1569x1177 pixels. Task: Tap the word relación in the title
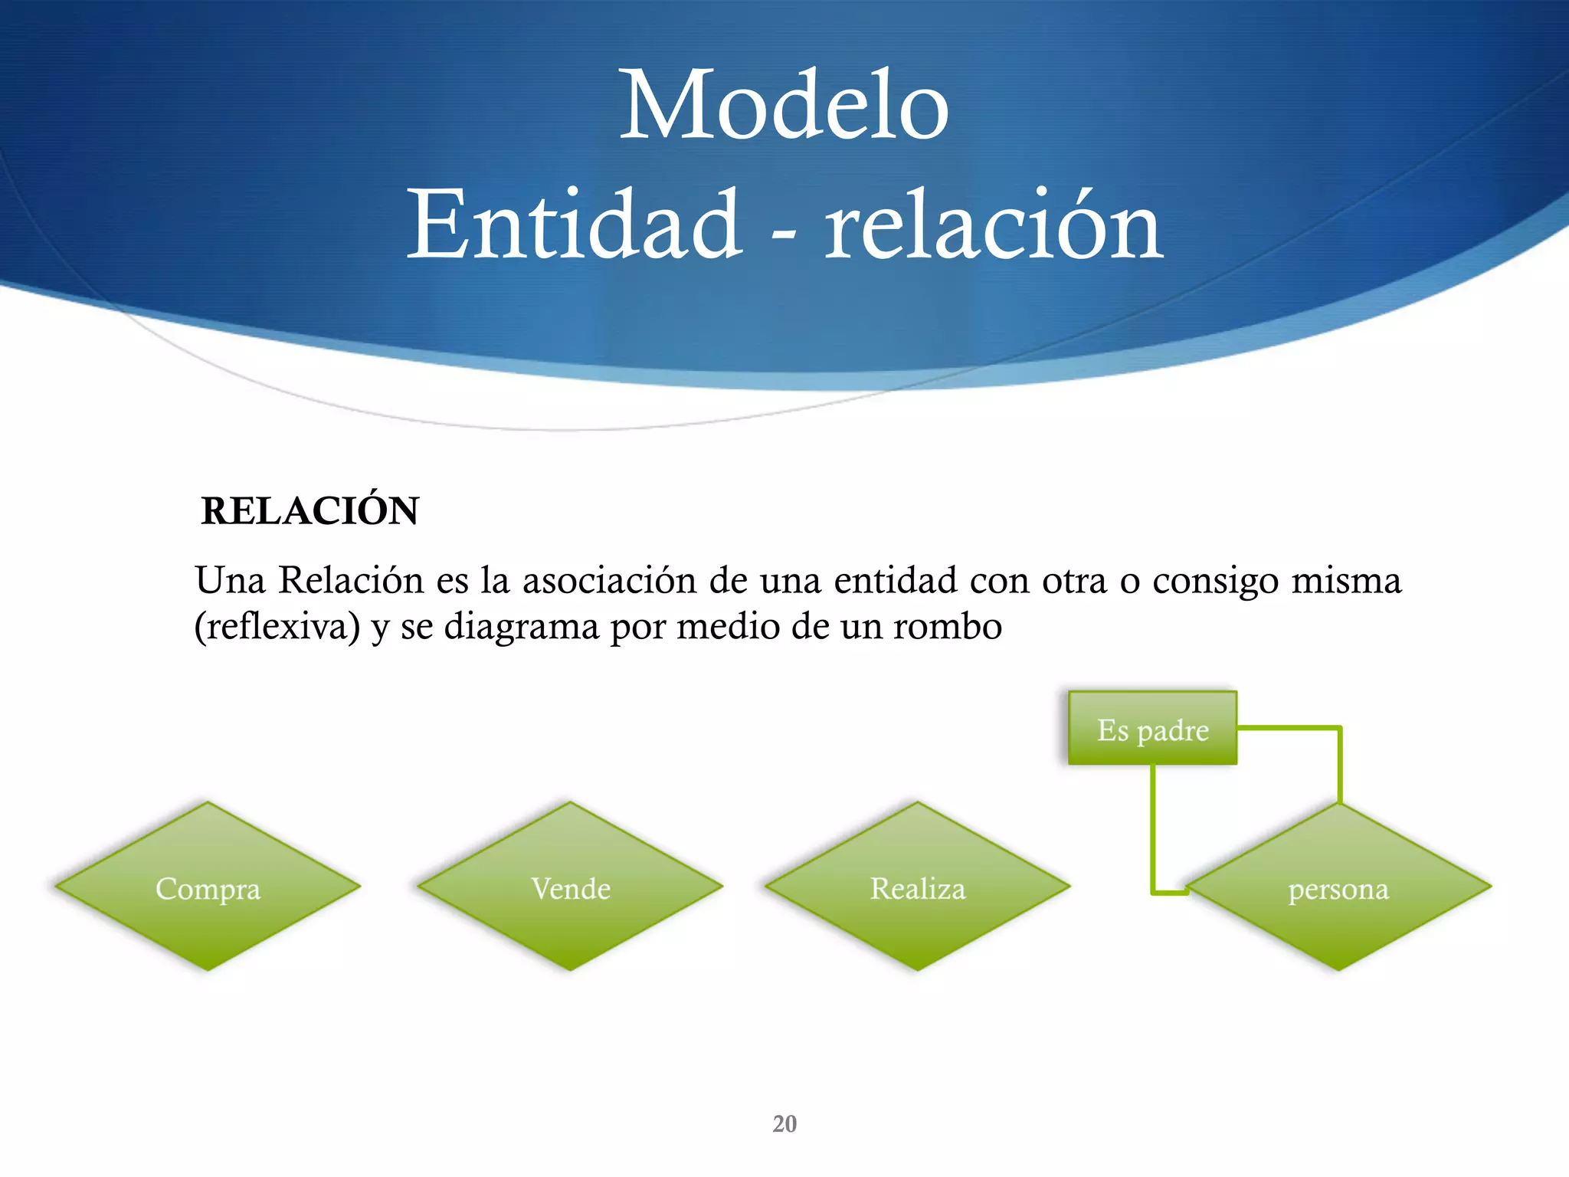994,227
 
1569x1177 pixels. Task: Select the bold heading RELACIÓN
310,511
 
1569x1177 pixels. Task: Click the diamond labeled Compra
208,887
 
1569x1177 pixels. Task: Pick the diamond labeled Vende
570,887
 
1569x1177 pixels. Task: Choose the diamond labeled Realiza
917,887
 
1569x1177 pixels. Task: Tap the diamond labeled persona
1338,889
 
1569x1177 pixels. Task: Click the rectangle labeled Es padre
1152,729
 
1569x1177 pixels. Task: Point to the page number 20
784,1123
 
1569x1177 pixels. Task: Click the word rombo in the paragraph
948,627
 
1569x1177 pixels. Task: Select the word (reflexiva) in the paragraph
277,627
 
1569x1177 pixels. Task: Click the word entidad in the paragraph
896,580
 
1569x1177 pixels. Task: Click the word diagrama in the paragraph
522,627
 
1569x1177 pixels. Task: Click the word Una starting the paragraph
230,580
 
